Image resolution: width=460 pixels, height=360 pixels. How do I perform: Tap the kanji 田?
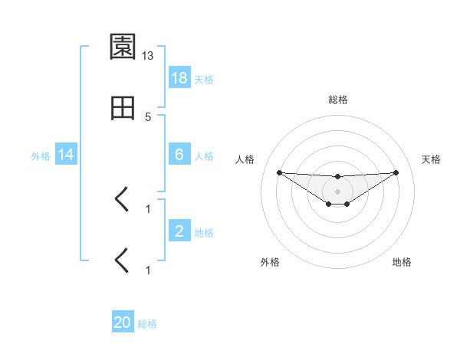123,110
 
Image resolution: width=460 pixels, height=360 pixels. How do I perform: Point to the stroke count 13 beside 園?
148,56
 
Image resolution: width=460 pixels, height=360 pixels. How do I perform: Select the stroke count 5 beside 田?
148,117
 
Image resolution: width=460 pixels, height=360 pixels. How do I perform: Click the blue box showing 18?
179,77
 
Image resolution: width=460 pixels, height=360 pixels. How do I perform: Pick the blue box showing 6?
179,154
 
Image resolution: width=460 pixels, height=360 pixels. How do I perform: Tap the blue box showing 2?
179,231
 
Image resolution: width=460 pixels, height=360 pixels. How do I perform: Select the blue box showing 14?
66,155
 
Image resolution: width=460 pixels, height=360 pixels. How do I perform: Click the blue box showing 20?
123,322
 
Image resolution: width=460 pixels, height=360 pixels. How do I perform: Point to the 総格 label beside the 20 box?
147,324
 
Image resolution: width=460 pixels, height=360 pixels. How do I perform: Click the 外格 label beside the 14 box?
41,155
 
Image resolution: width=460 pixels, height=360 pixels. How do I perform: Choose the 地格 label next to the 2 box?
204,232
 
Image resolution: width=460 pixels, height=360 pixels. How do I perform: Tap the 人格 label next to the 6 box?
204,155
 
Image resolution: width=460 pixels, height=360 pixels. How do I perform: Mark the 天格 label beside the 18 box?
204,79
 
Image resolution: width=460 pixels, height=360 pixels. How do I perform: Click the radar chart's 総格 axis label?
338,100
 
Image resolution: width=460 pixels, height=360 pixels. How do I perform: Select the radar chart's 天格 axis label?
432,159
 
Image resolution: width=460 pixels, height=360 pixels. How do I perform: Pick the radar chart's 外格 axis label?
270,262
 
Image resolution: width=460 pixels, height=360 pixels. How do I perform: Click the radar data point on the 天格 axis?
396,172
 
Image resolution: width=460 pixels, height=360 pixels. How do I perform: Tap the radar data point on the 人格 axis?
279,172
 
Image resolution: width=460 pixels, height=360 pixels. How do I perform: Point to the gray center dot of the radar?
338,191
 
